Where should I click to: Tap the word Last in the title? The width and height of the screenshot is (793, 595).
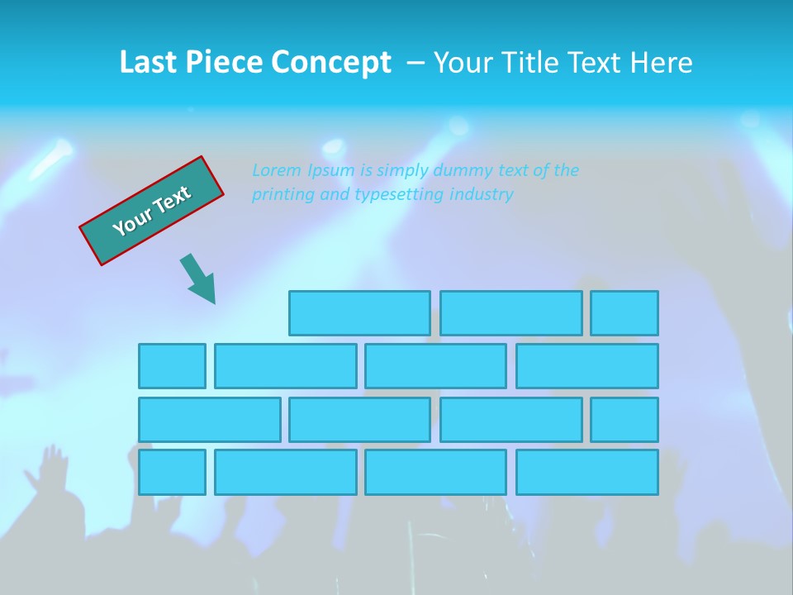pyautogui.click(x=150, y=63)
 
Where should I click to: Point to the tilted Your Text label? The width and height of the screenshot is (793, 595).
pyautogui.click(x=151, y=211)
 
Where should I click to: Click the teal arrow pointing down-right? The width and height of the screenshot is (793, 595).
pyautogui.click(x=199, y=279)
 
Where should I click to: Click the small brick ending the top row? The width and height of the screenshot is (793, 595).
pyautogui.click(x=624, y=313)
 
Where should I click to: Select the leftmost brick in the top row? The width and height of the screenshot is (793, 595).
pyautogui.click(x=359, y=313)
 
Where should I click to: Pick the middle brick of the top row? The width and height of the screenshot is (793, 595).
pyautogui.click(x=510, y=313)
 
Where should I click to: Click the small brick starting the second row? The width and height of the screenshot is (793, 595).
pyautogui.click(x=172, y=366)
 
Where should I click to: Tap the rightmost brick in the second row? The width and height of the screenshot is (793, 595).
pyautogui.click(x=587, y=366)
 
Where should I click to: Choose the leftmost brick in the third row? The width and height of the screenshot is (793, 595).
pyautogui.click(x=209, y=420)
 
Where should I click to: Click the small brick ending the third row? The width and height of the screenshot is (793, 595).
pyautogui.click(x=624, y=420)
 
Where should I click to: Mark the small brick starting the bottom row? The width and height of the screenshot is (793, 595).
pyautogui.click(x=172, y=473)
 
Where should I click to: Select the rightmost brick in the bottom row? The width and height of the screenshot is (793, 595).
pyautogui.click(x=587, y=473)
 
